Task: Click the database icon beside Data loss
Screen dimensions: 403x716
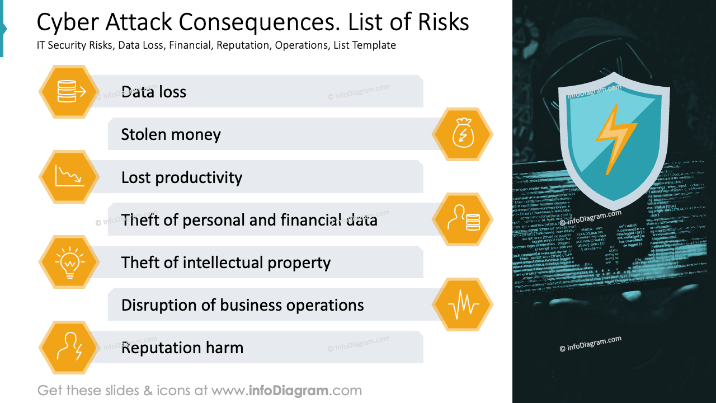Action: [x=69, y=91]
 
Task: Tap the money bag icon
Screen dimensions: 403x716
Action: [x=463, y=134]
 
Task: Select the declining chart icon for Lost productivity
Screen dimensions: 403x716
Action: [x=69, y=177]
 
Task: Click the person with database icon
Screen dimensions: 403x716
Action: [x=463, y=219]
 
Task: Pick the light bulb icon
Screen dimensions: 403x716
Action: [x=69, y=262]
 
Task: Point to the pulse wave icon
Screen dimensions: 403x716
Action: [x=463, y=305]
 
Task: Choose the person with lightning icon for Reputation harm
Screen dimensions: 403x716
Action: [x=69, y=348]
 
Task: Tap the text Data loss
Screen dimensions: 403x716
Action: [x=153, y=92]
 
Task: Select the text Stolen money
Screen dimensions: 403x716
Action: [x=171, y=134]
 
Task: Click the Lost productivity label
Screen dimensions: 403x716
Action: [x=182, y=177]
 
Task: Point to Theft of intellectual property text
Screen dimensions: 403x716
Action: [x=226, y=263]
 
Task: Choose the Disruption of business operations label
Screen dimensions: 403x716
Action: [x=242, y=305]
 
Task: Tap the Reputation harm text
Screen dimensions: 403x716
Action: [x=182, y=348]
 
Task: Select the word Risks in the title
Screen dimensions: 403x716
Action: [x=442, y=22]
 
